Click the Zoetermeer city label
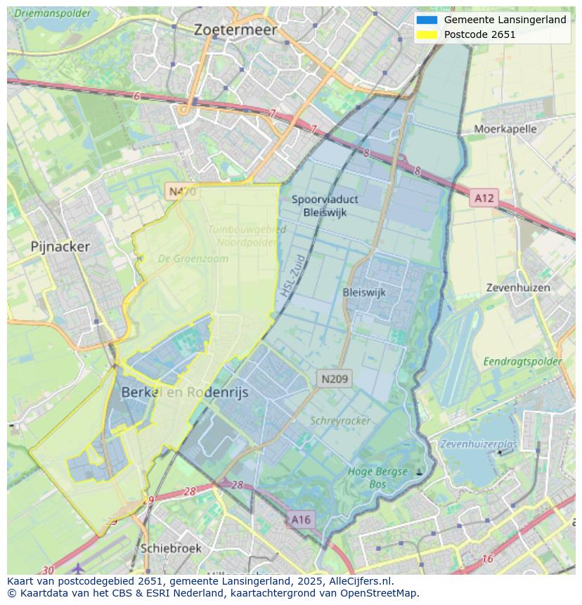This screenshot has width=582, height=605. (x=235, y=30)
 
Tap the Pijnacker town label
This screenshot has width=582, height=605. (x=60, y=247)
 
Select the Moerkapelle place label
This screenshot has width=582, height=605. (x=505, y=129)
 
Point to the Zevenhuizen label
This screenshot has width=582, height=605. (x=519, y=288)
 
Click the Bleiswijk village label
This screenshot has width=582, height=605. (x=364, y=292)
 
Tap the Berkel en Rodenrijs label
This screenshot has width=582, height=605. (x=185, y=393)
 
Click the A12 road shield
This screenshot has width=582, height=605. (x=484, y=198)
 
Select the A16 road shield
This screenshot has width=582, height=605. (x=300, y=519)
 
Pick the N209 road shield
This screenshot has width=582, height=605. (x=335, y=379)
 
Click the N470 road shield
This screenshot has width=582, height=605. (x=181, y=191)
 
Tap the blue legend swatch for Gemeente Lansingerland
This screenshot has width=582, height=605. (x=427, y=20)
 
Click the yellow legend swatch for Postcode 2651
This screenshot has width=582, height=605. (x=427, y=34)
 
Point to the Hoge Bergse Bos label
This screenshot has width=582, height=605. (x=377, y=478)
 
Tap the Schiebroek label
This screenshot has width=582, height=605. (x=171, y=548)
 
